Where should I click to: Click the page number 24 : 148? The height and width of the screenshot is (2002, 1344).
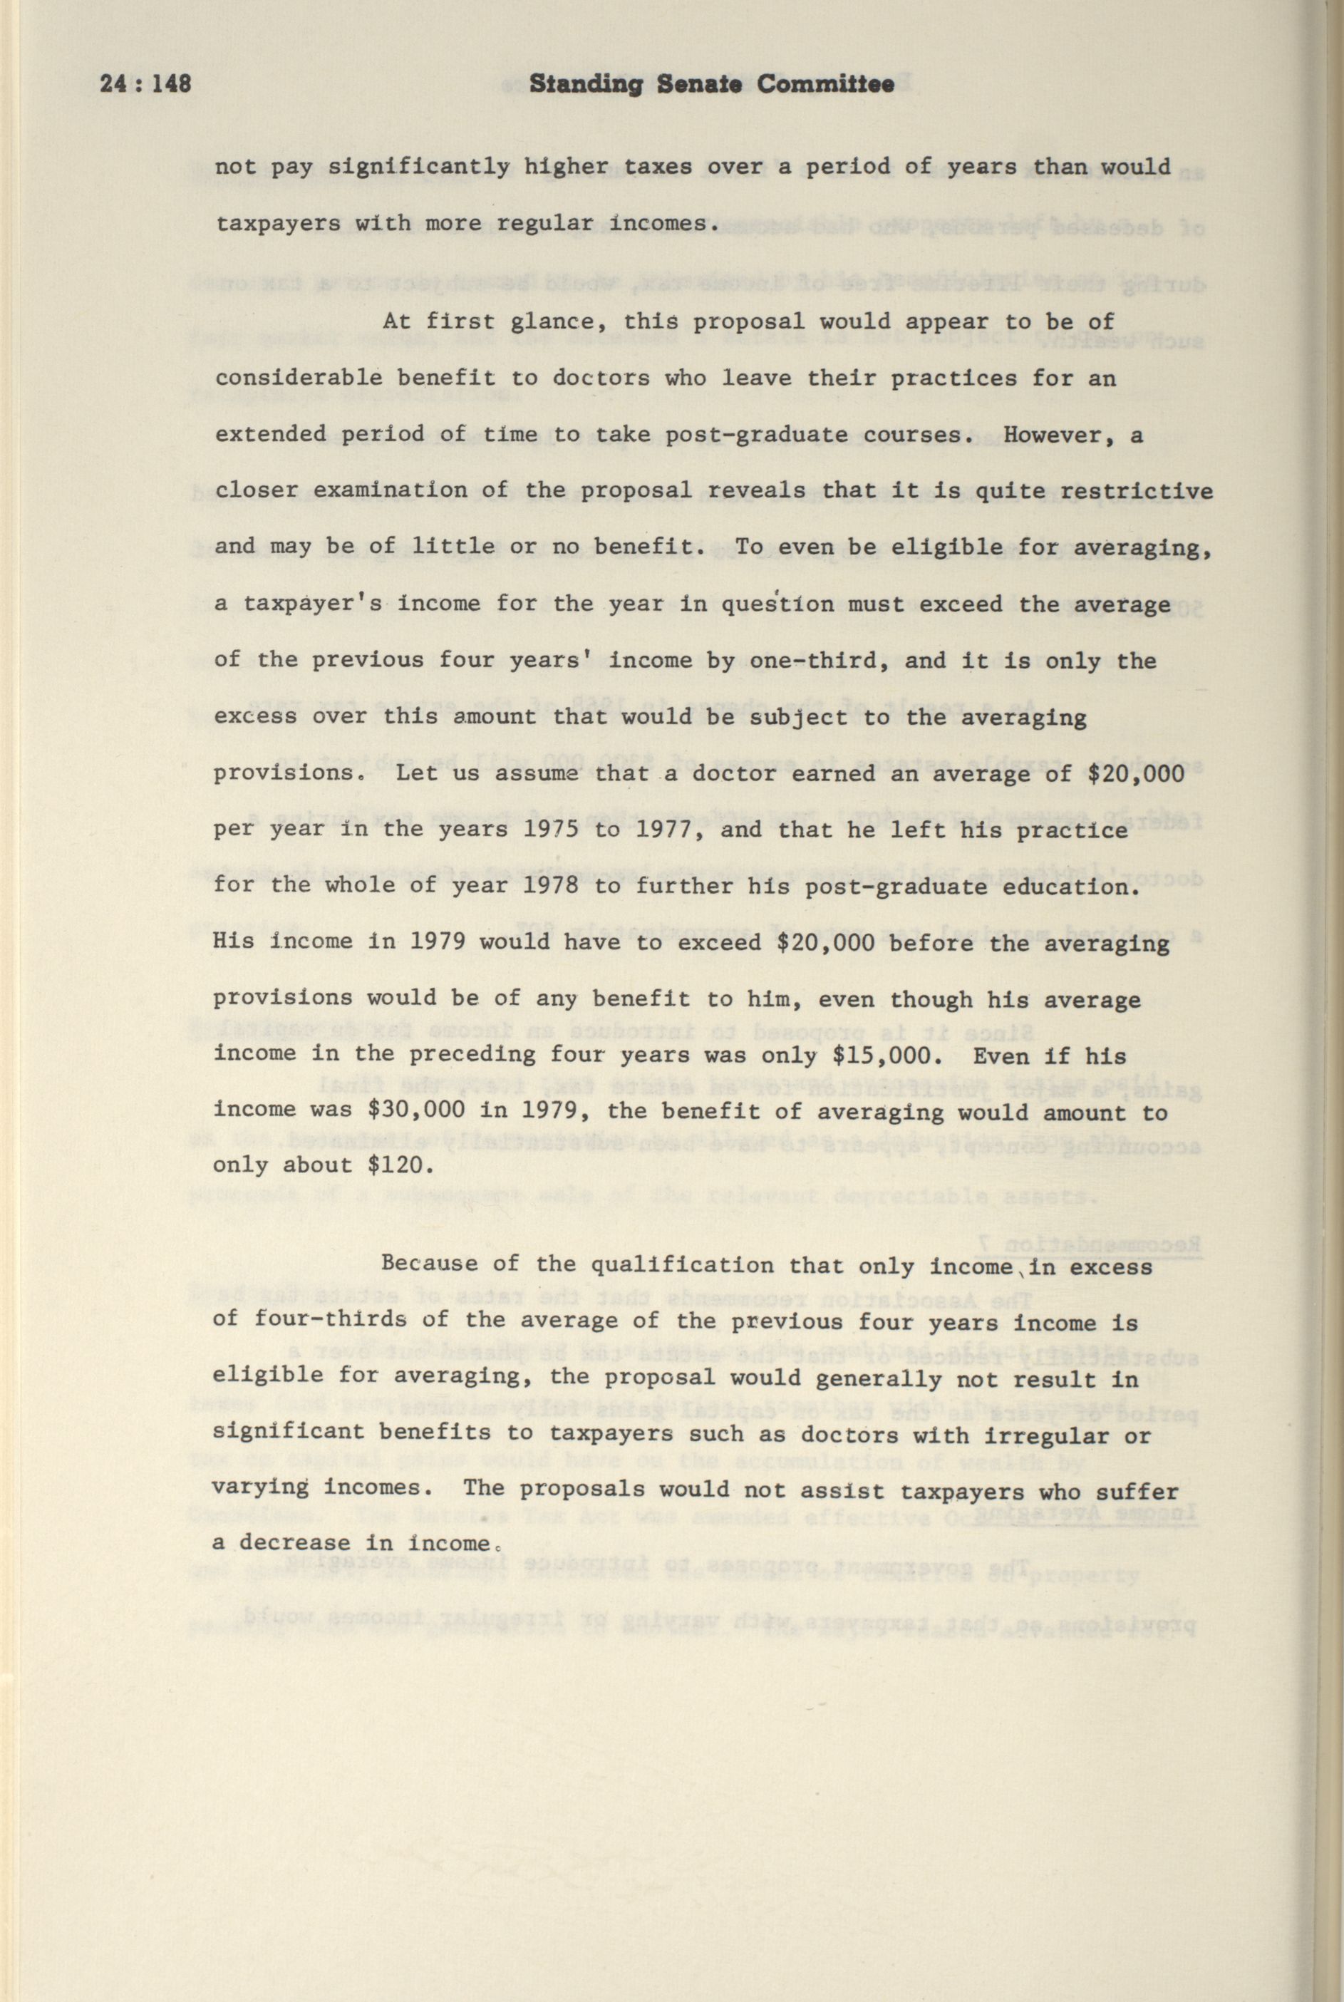coord(145,84)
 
